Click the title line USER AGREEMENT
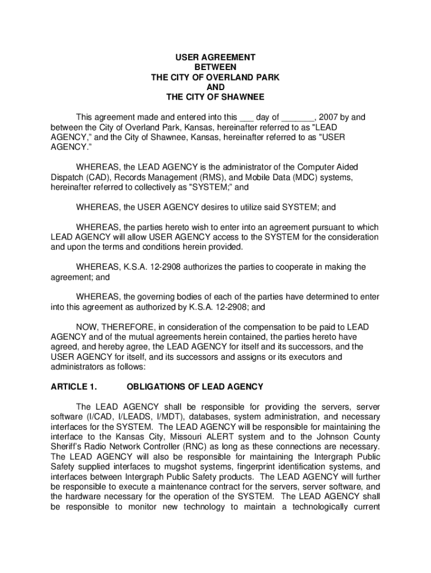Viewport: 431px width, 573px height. [215, 58]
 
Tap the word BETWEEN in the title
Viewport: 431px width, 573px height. [215, 67]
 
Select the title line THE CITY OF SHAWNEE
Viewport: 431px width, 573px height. [215, 97]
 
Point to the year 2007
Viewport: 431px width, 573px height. [330, 118]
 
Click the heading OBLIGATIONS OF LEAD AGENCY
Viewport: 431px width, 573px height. [195, 387]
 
